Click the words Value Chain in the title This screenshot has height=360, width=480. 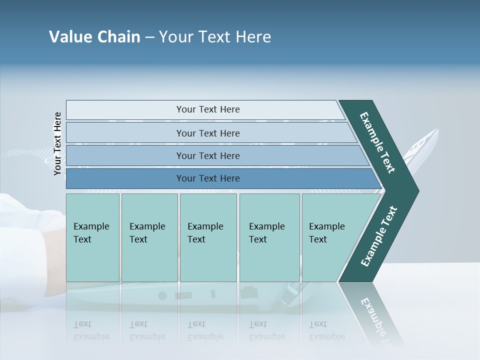[94, 37]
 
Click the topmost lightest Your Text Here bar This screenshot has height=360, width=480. [207, 109]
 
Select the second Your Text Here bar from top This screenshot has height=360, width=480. [207, 133]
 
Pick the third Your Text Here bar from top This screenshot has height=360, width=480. [207, 155]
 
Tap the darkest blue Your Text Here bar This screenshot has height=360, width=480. [207, 178]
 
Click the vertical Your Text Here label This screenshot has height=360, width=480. [57, 143]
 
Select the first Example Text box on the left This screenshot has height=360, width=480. [92, 237]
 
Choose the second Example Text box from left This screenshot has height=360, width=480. [149, 237]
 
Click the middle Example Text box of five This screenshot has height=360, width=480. [208, 237]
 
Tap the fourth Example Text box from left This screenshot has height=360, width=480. [269, 237]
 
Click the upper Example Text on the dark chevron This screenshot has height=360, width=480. [377, 142]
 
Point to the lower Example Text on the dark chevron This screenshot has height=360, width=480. [379, 236]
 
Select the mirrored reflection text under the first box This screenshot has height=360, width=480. [91, 330]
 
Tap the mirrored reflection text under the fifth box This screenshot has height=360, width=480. [326, 330]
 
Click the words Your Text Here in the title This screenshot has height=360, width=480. [215, 37]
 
